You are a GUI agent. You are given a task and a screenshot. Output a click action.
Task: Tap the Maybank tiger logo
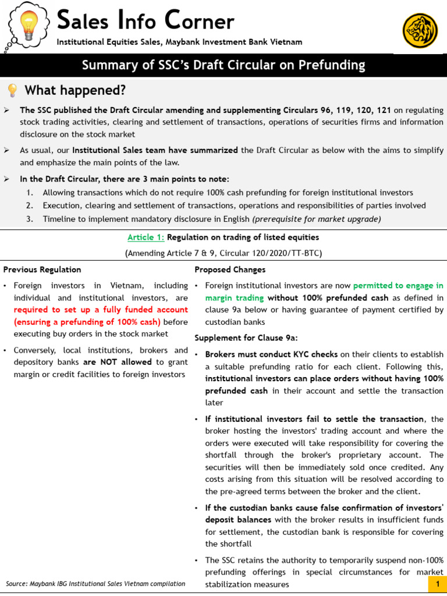(x=420, y=30)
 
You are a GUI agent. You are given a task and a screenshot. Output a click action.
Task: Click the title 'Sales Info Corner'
(x=146, y=21)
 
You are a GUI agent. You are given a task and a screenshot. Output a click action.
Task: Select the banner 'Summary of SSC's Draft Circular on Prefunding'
(x=223, y=65)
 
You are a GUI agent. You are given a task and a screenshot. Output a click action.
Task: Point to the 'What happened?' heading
(x=74, y=90)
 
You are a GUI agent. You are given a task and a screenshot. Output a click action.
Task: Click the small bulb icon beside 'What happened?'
(x=12, y=90)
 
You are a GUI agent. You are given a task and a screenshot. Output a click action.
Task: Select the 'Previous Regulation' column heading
(x=42, y=269)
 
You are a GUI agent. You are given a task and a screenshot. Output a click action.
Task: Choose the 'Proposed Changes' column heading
(x=230, y=269)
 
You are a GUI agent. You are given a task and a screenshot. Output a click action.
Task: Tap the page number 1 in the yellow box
(x=437, y=584)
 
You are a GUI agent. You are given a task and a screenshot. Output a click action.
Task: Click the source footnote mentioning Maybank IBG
(x=95, y=584)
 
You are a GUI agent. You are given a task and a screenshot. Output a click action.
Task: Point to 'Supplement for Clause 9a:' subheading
(x=240, y=338)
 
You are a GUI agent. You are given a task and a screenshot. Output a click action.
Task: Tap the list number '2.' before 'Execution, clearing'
(x=30, y=205)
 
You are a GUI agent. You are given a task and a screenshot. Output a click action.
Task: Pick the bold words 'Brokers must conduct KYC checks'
(x=271, y=354)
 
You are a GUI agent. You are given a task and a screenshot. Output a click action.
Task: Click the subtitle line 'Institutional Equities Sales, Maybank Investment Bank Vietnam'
(x=179, y=42)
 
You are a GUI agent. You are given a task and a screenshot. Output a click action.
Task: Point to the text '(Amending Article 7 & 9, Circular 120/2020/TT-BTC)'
(x=223, y=253)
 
